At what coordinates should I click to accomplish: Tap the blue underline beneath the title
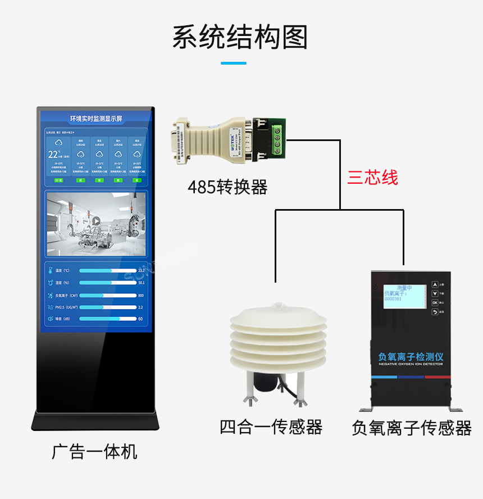241,63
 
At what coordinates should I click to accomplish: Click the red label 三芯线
372,178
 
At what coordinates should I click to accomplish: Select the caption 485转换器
227,187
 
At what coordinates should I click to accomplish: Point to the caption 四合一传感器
271,427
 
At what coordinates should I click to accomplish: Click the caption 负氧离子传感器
412,428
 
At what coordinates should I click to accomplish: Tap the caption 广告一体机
94,451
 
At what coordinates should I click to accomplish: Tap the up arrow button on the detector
435,284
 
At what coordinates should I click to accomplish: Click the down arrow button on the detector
435,293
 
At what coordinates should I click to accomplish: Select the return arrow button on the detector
435,311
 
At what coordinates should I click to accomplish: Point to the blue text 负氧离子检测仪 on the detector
412,357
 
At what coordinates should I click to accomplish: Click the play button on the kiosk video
96,221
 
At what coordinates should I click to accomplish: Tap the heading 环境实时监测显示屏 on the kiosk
96,119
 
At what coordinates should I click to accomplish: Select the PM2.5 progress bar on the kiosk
108,307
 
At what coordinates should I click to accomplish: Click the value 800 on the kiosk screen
141,296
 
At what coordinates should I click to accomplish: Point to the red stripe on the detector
438,377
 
